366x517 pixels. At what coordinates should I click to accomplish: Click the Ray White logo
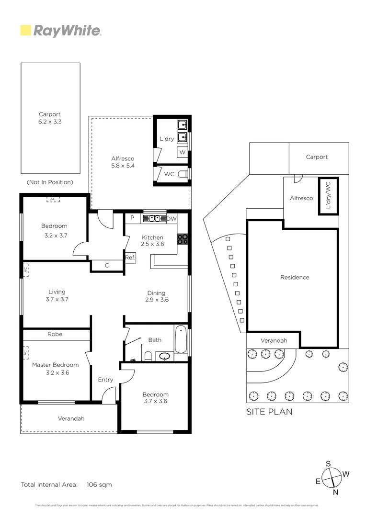pyautogui.click(x=61, y=31)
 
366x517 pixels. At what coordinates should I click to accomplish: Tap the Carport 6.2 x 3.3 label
pyautogui.click(x=50, y=118)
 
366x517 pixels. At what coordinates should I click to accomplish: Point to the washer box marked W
pyautogui.click(x=182, y=152)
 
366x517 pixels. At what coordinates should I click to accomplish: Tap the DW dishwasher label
pyautogui.click(x=172, y=219)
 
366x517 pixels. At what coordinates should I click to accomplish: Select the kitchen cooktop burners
pyautogui.click(x=183, y=238)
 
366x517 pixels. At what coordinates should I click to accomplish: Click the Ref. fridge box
pyautogui.click(x=130, y=258)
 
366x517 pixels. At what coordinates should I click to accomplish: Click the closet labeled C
pyautogui.click(x=107, y=265)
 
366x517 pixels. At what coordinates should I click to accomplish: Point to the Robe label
pyautogui.click(x=55, y=334)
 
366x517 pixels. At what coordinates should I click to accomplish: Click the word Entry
pyautogui.click(x=105, y=380)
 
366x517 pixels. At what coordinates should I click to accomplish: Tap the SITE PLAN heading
pyautogui.click(x=269, y=412)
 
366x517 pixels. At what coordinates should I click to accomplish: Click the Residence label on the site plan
pyautogui.click(x=295, y=277)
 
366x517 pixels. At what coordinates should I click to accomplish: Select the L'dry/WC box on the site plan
pyautogui.click(x=328, y=196)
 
